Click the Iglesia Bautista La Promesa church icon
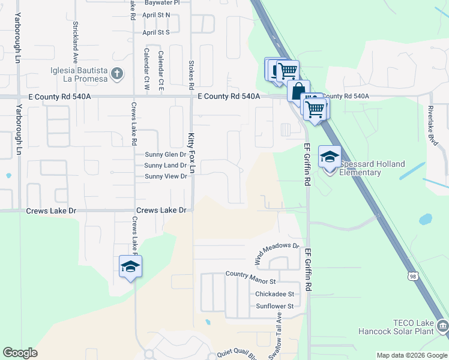click(x=116, y=74)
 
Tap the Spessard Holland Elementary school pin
click(x=330, y=157)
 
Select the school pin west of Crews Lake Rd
click(x=130, y=267)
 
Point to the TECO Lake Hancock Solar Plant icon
click(x=442, y=326)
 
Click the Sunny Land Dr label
click(x=166, y=165)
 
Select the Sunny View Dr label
click(x=166, y=176)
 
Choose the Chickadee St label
click(x=274, y=294)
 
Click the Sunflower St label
click(x=274, y=306)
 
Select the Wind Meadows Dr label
click(x=277, y=254)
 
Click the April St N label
click(x=156, y=14)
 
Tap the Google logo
click(x=20, y=353)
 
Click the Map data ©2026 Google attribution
click(x=411, y=355)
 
